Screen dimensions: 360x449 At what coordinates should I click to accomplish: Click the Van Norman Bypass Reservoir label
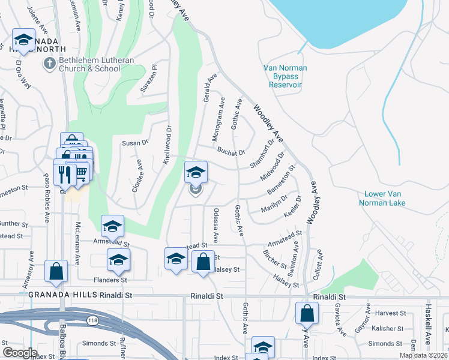pos(285,76)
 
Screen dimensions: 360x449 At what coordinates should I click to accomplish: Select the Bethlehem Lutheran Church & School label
pos(89,64)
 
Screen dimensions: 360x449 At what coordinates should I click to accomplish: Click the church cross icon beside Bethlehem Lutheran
pos(49,63)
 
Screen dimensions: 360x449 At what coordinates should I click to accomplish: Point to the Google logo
pos(20,352)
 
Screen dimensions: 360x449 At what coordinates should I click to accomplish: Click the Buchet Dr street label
pos(232,151)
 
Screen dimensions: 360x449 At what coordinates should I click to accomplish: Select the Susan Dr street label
pos(135,143)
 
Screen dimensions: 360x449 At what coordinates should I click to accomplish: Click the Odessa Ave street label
pos(216,226)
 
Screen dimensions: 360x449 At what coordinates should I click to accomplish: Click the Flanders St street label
pos(110,280)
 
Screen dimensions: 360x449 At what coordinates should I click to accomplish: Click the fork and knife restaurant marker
pos(64,173)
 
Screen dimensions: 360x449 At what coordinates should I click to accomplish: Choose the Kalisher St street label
pos(387,328)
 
